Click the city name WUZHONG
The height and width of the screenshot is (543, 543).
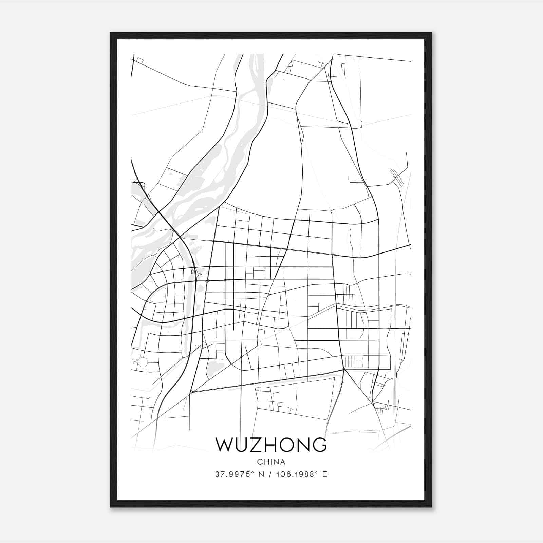click(271, 445)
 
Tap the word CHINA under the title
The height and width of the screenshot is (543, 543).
click(271, 462)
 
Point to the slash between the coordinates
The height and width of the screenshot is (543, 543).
click(270, 474)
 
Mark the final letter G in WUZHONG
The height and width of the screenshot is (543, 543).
click(319, 445)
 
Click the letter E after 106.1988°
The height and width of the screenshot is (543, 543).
click(325, 474)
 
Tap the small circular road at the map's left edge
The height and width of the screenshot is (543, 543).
click(143, 362)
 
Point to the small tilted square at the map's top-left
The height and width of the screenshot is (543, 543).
click(140, 60)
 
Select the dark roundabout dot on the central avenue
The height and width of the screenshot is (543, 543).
click(208, 281)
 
